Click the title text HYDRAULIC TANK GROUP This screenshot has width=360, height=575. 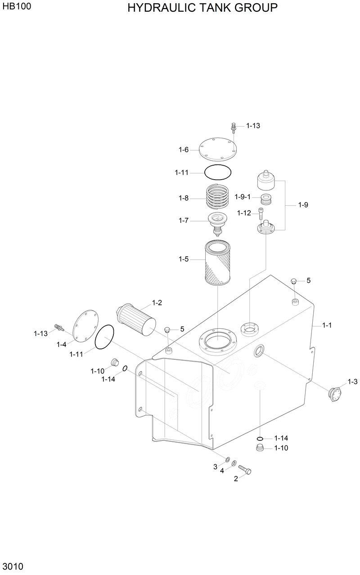pos(202,8)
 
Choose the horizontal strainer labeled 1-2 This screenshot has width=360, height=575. pos(136,318)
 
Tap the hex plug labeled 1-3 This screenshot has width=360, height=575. pos(336,395)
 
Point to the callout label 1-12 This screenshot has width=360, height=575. pos(244,213)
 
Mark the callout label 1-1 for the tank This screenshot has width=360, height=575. pos(327,325)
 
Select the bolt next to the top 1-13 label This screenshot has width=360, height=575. pos(234,127)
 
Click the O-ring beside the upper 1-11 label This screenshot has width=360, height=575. pos(218,172)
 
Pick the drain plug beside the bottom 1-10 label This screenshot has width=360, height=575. pos(259,448)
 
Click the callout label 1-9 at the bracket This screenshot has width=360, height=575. pos(303,205)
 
